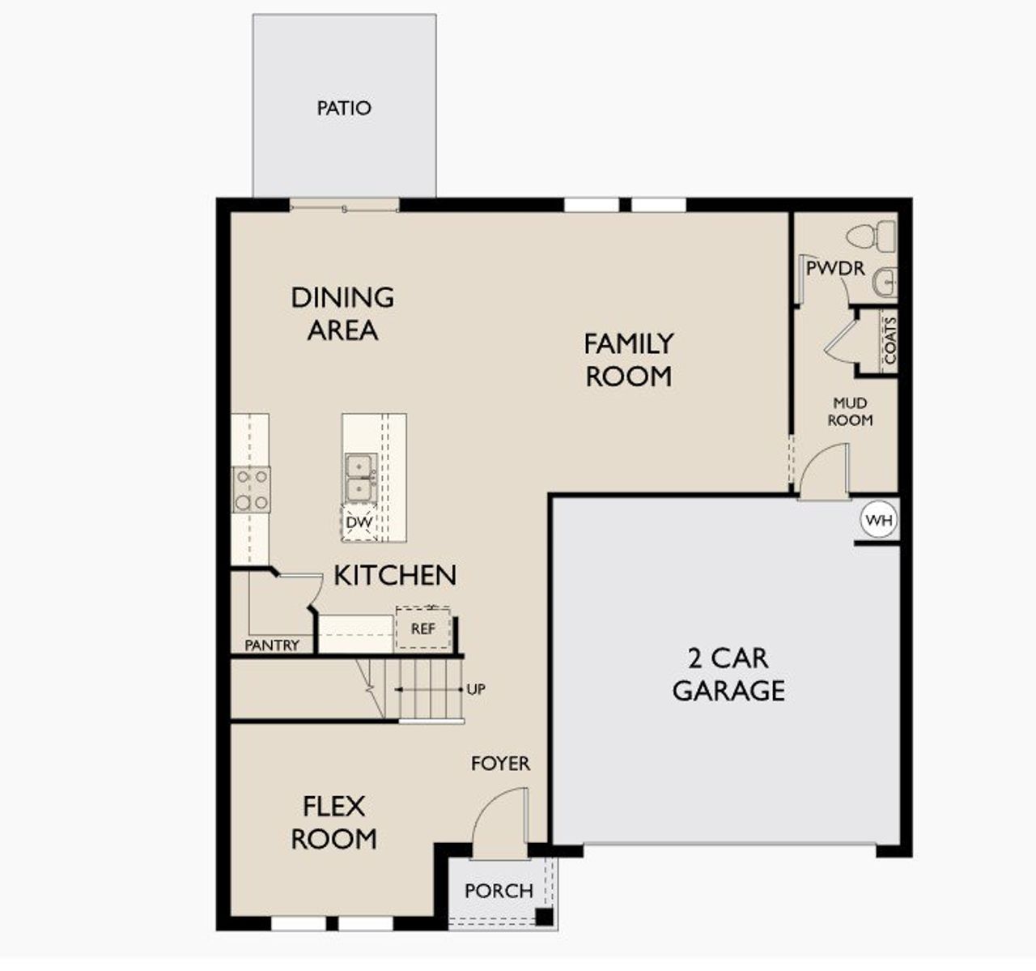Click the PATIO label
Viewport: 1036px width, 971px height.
344,108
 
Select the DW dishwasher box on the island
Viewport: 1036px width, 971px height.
359,522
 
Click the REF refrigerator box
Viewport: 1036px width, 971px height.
423,628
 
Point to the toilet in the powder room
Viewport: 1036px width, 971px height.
870,237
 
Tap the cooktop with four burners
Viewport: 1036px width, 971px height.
251,490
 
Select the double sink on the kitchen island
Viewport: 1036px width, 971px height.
359,478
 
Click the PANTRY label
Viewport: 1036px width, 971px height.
272,645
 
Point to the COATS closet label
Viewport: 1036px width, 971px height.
890,340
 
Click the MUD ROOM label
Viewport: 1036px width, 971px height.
850,411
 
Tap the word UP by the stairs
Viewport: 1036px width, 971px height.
476,689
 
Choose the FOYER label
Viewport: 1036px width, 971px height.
501,763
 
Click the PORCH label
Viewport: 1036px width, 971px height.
499,891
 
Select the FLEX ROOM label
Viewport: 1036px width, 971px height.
333,822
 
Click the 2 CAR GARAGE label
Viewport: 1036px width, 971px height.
728,674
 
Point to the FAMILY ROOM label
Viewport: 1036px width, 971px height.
628,360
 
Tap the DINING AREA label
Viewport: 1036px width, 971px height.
342,313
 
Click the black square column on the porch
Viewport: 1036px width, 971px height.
544,918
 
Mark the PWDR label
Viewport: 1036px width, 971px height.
835,268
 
